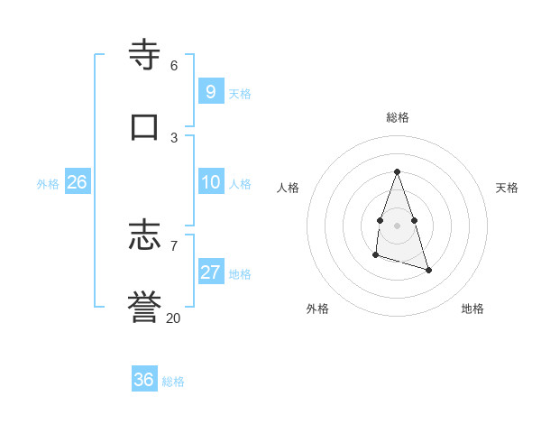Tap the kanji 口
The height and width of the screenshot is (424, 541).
(x=145, y=125)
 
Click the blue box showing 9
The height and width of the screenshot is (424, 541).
(x=210, y=91)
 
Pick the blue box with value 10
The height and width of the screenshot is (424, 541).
(x=210, y=182)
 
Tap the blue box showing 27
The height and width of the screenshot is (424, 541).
(x=210, y=272)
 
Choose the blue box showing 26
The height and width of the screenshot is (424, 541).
(x=77, y=182)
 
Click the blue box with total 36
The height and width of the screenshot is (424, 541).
(x=143, y=380)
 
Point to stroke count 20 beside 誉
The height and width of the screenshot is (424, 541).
(x=173, y=318)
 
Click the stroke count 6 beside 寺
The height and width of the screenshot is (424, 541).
(x=173, y=66)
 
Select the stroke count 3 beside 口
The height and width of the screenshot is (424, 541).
(x=173, y=137)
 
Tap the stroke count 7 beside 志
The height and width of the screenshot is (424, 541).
(x=173, y=245)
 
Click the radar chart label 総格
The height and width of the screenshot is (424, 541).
(x=397, y=117)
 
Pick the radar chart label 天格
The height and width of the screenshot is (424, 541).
(x=507, y=188)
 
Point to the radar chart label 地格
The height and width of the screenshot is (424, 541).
(x=472, y=309)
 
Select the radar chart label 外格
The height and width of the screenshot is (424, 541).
(x=317, y=309)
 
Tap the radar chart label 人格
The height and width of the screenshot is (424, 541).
(x=288, y=188)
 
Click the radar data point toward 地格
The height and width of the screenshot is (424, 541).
(x=428, y=270)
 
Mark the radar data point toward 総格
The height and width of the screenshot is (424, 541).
(x=397, y=171)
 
